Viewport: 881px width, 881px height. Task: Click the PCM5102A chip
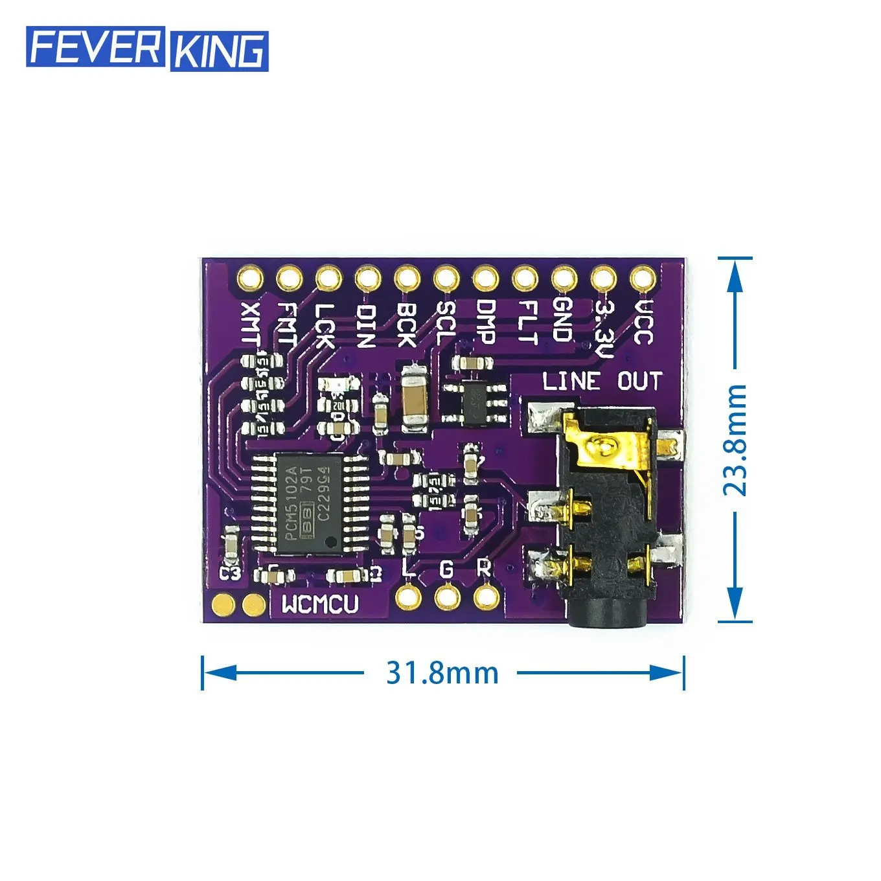coord(309,503)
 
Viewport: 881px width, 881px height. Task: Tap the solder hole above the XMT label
coord(249,279)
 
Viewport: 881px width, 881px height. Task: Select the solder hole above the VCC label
coord(642,279)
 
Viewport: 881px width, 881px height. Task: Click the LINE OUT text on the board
coord(602,381)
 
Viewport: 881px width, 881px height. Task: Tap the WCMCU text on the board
coord(320,604)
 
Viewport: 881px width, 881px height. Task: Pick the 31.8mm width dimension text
coord(442,673)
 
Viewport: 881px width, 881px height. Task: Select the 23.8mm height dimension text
coord(735,440)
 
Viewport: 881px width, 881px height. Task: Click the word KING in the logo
coord(219,51)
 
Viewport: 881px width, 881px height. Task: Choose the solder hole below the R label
coord(485,596)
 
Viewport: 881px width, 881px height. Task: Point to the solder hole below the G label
coord(446,596)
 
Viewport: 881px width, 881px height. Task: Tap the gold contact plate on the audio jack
coord(602,447)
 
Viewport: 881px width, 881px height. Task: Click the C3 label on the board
coord(230,573)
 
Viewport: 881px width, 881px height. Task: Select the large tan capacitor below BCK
coord(413,398)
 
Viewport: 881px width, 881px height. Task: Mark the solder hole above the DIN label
coord(367,279)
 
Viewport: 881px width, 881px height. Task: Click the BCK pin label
coord(406,324)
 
